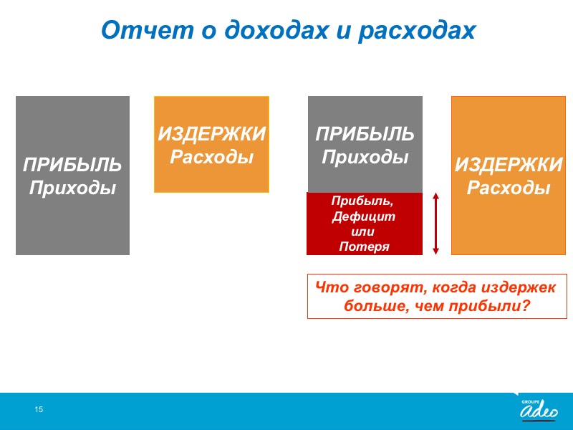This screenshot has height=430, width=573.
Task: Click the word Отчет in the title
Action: click(148, 29)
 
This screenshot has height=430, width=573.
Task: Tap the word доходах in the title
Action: click(276, 30)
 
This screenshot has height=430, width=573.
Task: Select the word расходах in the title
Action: click(417, 31)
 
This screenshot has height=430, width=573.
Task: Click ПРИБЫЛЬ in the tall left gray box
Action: click(72, 165)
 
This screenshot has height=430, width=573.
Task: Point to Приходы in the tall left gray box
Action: click(72, 188)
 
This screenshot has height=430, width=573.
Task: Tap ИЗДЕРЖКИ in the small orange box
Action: click(211, 134)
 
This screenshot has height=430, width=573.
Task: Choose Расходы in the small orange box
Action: click(211, 157)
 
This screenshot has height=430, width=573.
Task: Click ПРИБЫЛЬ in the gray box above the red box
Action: click(365, 134)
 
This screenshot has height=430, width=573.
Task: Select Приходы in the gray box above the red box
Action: click(365, 157)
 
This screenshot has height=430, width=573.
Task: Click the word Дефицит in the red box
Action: click(364, 216)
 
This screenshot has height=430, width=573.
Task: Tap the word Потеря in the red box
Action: click(364, 247)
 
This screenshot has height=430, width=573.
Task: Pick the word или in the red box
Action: click(362, 231)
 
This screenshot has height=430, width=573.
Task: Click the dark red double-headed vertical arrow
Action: click(435, 224)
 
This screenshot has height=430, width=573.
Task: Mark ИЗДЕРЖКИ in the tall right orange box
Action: click(509, 165)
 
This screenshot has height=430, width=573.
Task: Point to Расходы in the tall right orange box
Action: click(509, 188)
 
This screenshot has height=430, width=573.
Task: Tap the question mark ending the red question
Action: click(526, 306)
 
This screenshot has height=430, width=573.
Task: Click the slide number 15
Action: click(39, 409)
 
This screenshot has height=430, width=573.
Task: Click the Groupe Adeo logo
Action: click(539, 409)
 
